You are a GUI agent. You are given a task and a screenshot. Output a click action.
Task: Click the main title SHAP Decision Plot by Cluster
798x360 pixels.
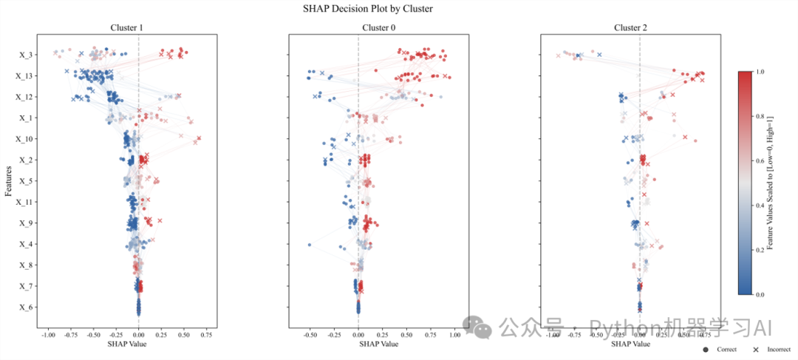click(367, 9)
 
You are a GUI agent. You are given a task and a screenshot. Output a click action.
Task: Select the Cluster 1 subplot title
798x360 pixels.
click(126, 28)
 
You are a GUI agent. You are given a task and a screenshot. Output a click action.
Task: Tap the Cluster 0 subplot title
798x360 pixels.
click(378, 28)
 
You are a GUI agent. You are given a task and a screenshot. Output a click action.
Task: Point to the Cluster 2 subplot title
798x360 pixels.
click(630, 28)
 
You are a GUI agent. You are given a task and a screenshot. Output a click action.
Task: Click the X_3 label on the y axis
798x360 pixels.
click(25, 55)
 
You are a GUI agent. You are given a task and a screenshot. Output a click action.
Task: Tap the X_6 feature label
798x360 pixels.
click(25, 308)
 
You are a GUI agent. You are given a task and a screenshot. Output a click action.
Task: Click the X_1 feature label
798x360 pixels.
click(25, 118)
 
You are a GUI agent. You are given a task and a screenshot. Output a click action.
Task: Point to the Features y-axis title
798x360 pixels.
click(8, 181)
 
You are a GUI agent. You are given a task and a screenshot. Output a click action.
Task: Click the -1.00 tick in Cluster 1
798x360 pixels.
click(48, 335)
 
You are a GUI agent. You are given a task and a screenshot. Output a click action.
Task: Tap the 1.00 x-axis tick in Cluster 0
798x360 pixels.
click(454, 335)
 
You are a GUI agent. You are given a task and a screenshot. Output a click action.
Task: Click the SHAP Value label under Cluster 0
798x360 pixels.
click(378, 344)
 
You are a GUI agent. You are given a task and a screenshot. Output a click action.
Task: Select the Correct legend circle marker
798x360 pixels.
click(706, 349)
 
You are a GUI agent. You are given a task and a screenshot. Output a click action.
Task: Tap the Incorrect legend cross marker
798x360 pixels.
click(756, 349)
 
